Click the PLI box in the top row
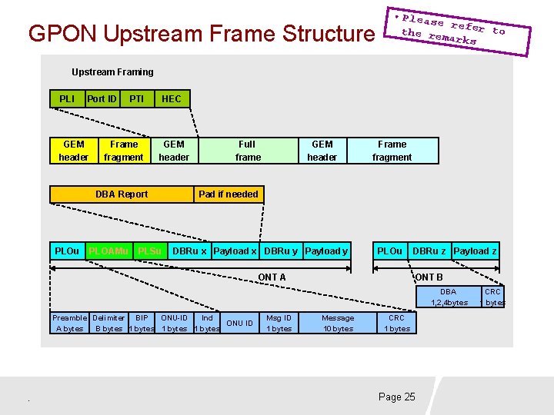[x=67, y=98]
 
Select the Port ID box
[x=102, y=98]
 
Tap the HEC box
[x=172, y=98]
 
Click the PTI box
[x=137, y=98]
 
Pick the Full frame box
[x=248, y=151]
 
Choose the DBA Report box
[x=122, y=194]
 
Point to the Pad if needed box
[x=229, y=194]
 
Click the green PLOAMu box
[x=108, y=251]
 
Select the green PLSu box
[x=150, y=251]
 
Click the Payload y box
[x=326, y=251]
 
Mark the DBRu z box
[x=429, y=251]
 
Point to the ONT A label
[x=272, y=277]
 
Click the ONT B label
[x=429, y=277]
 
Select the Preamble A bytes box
[x=69, y=323]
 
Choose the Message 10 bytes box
[x=338, y=323]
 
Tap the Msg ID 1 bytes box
[x=279, y=323]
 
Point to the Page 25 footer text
[x=396, y=397]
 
